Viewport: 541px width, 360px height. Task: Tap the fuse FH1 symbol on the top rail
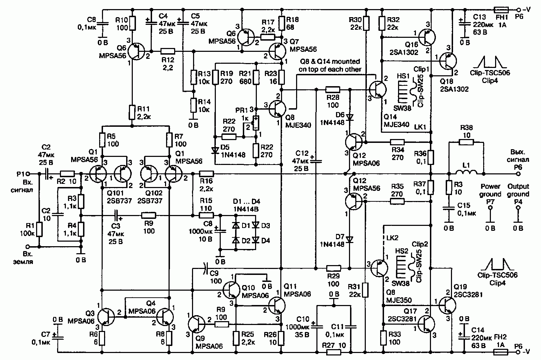pyautogui.click(x=501, y=10)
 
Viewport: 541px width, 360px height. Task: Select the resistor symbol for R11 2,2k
pyautogui.click(x=132, y=112)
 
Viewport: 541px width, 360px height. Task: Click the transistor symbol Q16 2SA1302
pyautogui.click(x=427, y=37)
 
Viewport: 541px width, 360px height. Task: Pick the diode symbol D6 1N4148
pyautogui.click(x=349, y=118)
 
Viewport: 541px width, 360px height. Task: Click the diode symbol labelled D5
pyautogui.click(x=215, y=151)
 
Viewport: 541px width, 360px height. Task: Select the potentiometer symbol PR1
pyautogui.click(x=256, y=123)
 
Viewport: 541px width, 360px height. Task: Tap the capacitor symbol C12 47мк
pyautogui.click(x=316, y=161)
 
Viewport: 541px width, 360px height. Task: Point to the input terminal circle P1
pyautogui.click(x=28, y=174)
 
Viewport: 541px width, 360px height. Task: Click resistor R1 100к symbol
pyautogui.click(x=39, y=229)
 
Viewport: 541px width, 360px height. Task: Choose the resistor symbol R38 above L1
pyautogui.click(x=466, y=142)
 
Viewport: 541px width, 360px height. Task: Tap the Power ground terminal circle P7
pyautogui.click(x=490, y=208)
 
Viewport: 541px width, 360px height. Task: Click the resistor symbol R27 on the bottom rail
pyautogui.click(x=334, y=352)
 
